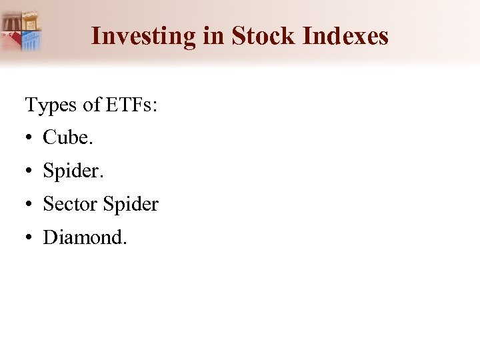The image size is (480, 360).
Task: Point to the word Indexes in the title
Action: pyautogui.click(x=345, y=36)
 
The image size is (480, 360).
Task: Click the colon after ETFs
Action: pyautogui.click(x=155, y=107)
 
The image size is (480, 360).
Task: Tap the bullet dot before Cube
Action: pyautogui.click(x=30, y=138)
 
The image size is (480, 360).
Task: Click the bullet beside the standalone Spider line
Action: pyautogui.click(x=30, y=171)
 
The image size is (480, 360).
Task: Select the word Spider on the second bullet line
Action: pyautogui.click(x=72, y=171)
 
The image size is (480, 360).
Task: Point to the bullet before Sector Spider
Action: pyautogui.click(x=30, y=204)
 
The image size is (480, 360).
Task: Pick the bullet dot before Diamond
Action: pyautogui.click(x=30, y=237)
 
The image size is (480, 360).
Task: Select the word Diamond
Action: pyautogui.click(x=82, y=237)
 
